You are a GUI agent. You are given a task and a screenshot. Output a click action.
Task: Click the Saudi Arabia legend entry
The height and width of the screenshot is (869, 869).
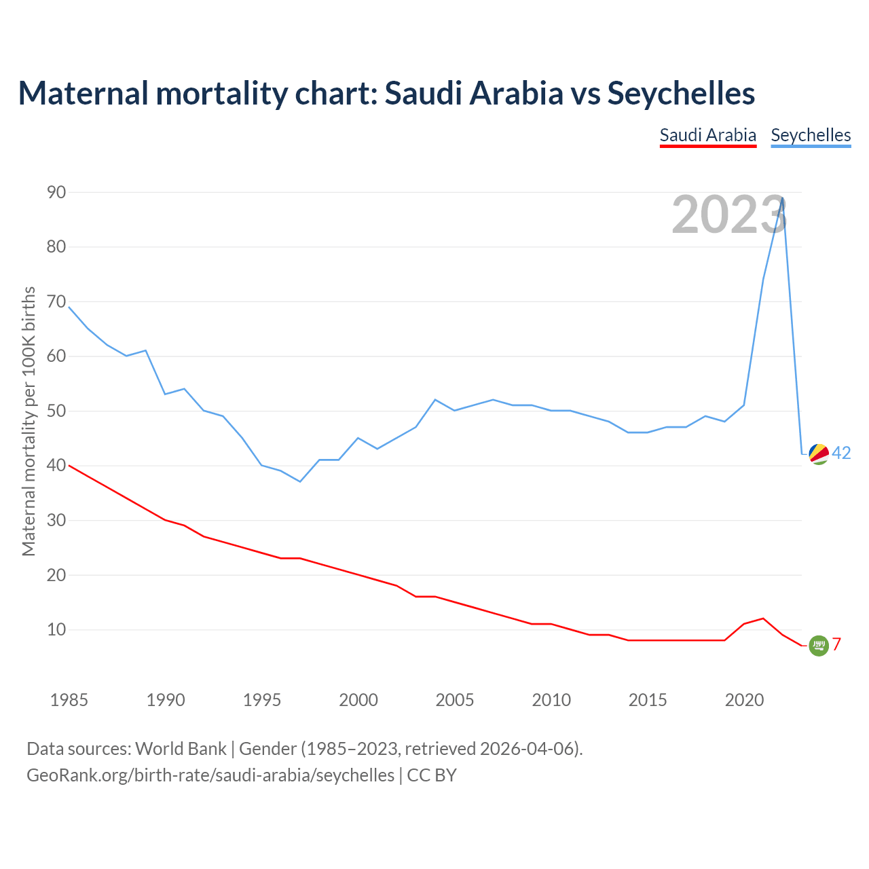coord(708,135)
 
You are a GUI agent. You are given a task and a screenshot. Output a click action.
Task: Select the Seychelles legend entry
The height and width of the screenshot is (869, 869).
coord(811,135)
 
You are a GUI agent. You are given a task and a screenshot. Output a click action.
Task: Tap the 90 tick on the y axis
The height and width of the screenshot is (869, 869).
coord(56,192)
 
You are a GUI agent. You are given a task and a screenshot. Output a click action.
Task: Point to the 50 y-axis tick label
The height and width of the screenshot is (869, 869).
coord(56,411)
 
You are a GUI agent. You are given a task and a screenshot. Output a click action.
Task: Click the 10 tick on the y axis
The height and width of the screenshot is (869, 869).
coord(56,629)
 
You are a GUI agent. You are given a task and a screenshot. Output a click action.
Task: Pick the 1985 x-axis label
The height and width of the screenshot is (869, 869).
coord(69,700)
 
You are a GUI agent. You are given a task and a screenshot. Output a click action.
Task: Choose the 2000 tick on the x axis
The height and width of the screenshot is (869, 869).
coord(358,700)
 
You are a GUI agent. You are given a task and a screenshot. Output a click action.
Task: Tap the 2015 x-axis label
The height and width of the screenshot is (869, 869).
coord(648,700)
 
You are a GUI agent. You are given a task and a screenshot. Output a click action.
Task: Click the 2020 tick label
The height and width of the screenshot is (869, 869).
coord(744,700)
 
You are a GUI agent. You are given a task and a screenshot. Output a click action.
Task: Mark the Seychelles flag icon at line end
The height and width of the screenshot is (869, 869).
coord(819,454)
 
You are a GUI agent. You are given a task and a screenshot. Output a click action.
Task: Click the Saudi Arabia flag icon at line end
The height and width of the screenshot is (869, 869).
coord(819,646)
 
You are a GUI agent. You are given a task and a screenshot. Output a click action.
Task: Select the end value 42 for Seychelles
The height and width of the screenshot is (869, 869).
coord(841,453)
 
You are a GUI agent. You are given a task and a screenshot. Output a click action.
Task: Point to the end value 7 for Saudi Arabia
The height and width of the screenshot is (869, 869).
coord(837,644)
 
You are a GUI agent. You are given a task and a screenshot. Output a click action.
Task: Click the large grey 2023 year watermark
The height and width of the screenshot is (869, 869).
coord(729,215)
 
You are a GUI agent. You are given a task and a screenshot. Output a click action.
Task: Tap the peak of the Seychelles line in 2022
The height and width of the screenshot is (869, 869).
coord(783,198)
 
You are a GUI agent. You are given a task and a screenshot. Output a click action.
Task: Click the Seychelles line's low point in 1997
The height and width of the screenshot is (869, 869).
coord(300,481)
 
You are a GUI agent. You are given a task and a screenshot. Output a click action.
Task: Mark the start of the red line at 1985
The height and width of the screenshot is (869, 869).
coord(69,465)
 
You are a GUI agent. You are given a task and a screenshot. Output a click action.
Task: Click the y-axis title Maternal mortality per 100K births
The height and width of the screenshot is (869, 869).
coord(29,421)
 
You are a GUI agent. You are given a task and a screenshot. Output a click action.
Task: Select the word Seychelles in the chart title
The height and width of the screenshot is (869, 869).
coord(681,93)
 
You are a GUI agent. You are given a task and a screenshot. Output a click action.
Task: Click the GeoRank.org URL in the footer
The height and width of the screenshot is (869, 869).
coord(210,775)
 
